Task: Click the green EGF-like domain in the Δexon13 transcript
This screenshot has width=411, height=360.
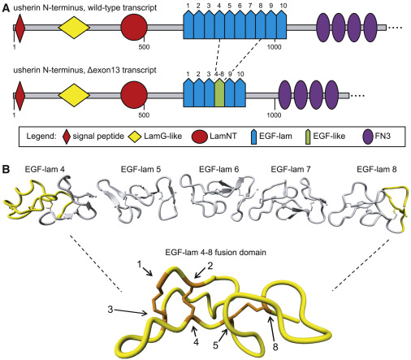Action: (x=219, y=93)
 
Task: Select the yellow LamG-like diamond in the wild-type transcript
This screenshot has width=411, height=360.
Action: (x=74, y=27)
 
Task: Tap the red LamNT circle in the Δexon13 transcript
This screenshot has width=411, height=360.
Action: (x=134, y=95)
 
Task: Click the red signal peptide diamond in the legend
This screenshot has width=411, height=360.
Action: (x=67, y=137)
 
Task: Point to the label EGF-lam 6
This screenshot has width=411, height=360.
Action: (x=218, y=169)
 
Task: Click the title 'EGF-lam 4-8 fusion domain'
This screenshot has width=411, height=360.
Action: (x=215, y=253)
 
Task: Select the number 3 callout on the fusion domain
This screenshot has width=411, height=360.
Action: (x=110, y=309)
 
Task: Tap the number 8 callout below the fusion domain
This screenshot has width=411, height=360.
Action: (x=275, y=347)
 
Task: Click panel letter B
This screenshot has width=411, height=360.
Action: (x=6, y=170)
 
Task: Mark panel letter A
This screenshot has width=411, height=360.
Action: (x=6, y=8)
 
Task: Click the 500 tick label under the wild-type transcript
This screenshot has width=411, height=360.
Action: (x=144, y=47)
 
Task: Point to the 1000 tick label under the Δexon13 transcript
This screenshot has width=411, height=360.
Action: (x=274, y=115)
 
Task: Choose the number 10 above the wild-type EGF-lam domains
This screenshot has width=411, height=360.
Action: (x=283, y=6)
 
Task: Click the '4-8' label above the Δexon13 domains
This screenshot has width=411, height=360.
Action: (x=219, y=74)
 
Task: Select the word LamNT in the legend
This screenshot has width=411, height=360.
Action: (x=223, y=136)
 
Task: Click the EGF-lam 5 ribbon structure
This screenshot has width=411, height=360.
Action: (x=138, y=202)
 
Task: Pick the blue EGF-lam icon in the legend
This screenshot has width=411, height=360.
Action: (x=253, y=137)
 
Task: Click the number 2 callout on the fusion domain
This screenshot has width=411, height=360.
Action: (x=210, y=266)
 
